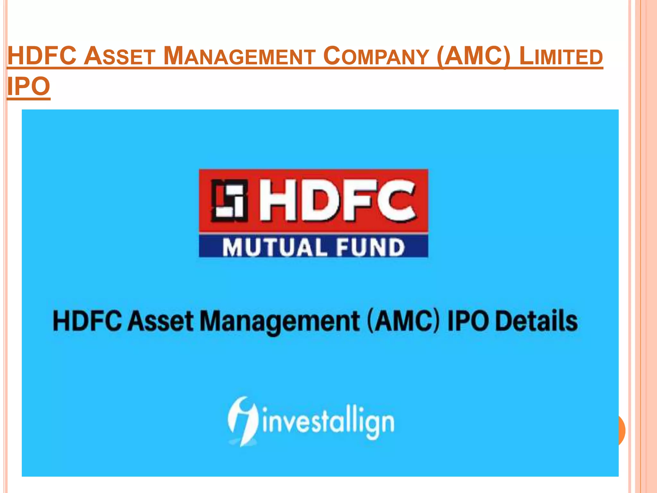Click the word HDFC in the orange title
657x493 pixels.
coord(42,56)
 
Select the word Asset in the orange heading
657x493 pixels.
coord(120,56)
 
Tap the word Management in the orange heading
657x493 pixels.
coord(239,56)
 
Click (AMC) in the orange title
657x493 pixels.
coord(474,56)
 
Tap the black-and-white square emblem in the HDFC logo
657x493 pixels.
coord(229,201)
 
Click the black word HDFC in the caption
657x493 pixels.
coord(87,321)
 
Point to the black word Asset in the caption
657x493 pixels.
coord(161,321)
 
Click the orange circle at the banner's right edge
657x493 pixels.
coord(621,430)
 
